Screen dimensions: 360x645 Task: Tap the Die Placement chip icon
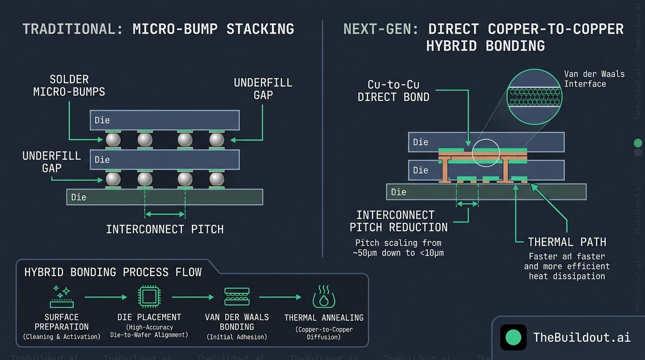[x=149, y=297]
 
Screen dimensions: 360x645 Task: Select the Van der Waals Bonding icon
[x=237, y=297]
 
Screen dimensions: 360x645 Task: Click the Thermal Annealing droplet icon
[x=323, y=297]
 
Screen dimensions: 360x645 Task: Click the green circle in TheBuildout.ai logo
[x=513, y=337]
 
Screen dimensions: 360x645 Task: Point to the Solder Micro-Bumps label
[x=69, y=85]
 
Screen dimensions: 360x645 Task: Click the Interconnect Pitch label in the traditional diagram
[x=165, y=229]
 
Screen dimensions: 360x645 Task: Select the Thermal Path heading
[x=567, y=242]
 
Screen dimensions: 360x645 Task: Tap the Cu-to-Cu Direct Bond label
[x=393, y=91]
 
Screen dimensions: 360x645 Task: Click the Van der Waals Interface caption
[x=594, y=79]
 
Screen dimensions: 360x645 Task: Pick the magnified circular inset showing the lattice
[x=534, y=97]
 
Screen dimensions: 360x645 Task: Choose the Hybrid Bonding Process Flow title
[x=112, y=272]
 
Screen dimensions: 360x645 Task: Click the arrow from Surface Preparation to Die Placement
[x=105, y=297]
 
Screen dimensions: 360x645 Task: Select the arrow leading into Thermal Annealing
[x=280, y=297]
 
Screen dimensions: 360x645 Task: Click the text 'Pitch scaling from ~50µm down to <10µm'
[x=398, y=248]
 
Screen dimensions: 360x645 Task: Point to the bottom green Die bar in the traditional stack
[x=165, y=197]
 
